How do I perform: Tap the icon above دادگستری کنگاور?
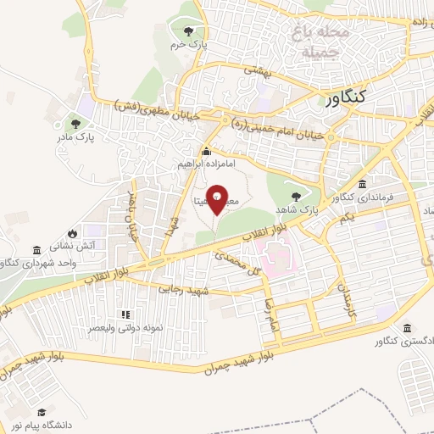point(408,328)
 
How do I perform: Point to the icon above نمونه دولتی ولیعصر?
point(126,313)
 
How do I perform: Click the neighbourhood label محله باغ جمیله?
point(320,42)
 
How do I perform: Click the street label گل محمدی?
point(236,263)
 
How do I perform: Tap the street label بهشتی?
point(258,73)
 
